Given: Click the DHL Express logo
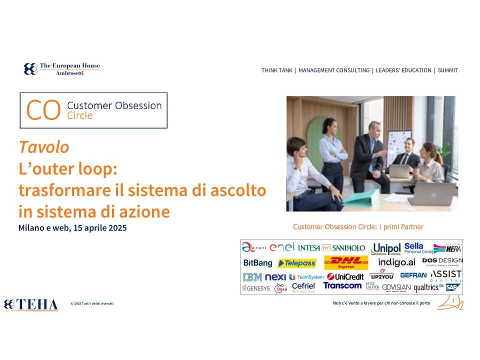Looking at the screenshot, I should (x=346, y=262).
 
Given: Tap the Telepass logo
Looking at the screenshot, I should (x=297, y=263).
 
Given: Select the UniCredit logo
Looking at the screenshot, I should (x=345, y=276).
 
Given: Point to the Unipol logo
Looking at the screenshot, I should (x=386, y=248).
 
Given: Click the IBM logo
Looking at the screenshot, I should (x=252, y=276).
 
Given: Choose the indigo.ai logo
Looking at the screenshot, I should (x=396, y=262).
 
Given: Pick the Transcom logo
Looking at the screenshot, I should (x=342, y=285).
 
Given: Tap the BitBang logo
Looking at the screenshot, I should (x=257, y=262).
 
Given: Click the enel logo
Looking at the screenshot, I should (x=282, y=247).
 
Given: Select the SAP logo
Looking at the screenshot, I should (x=452, y=287).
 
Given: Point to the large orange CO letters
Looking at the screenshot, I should (x=43, y=110).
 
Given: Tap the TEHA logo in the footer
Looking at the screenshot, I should (x=30, y=304).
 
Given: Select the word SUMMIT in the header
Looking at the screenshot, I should (x=447, y=70).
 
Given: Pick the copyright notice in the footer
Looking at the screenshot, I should (x=92, y=303).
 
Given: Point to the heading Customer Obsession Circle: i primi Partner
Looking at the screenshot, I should (x=358, y=227).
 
